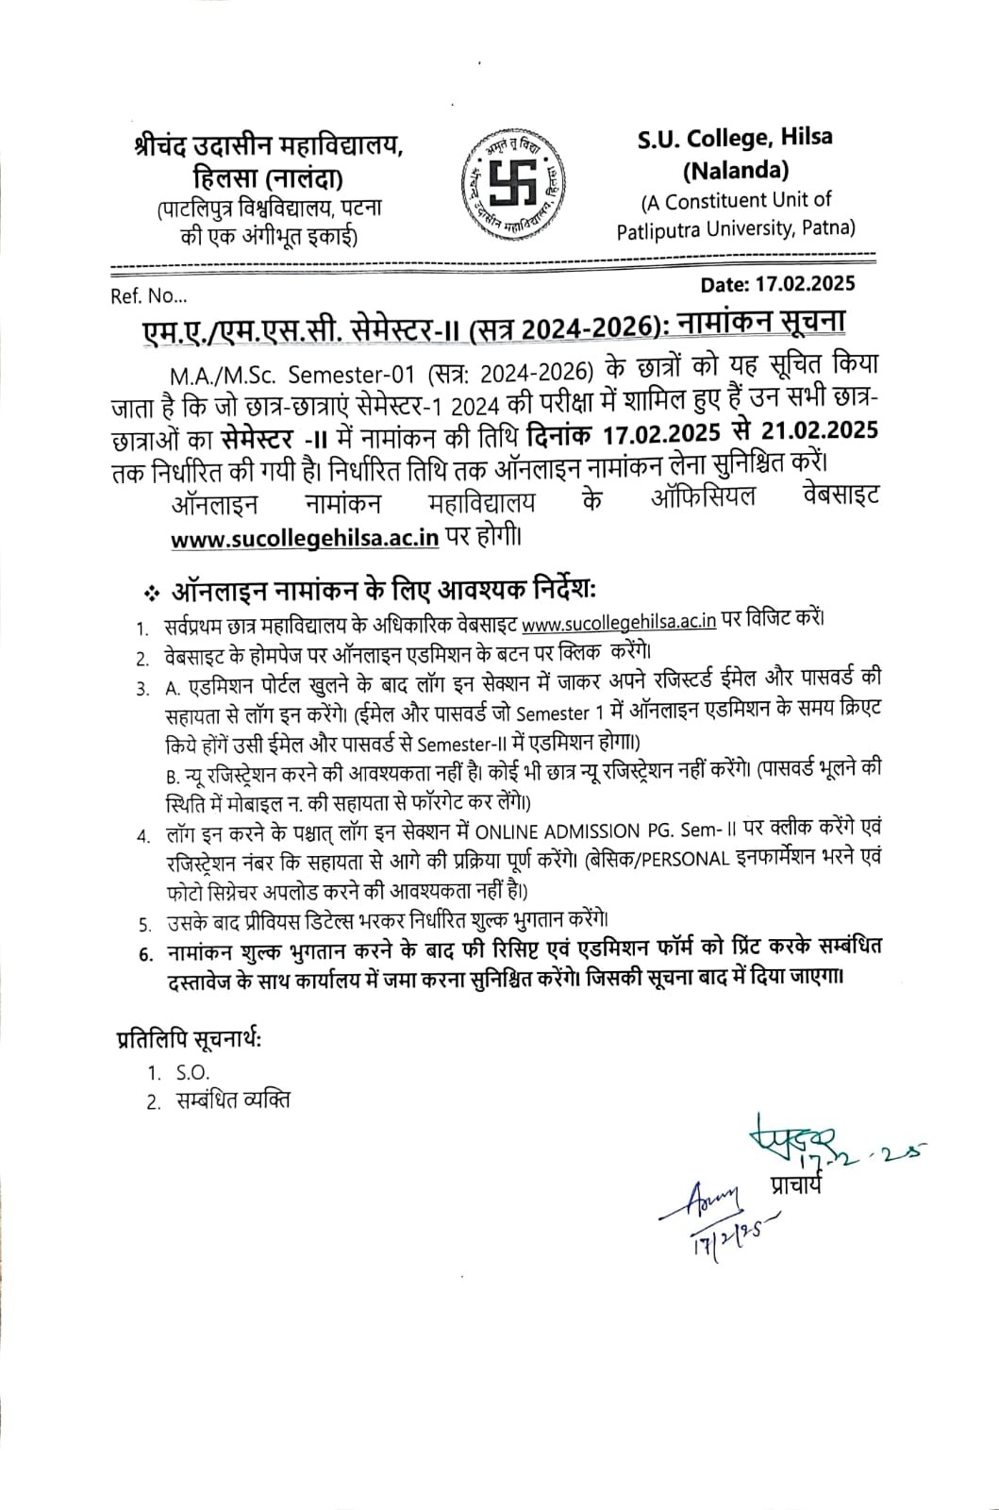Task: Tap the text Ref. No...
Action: pos(149,296)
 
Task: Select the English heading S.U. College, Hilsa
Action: pos(735,138)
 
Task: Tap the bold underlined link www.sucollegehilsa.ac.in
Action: pos(306,538)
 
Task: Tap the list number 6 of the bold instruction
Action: pos(144,953)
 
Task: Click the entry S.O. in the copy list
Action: pos(191,1072)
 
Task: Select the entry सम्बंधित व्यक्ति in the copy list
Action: pos(232,1100)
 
